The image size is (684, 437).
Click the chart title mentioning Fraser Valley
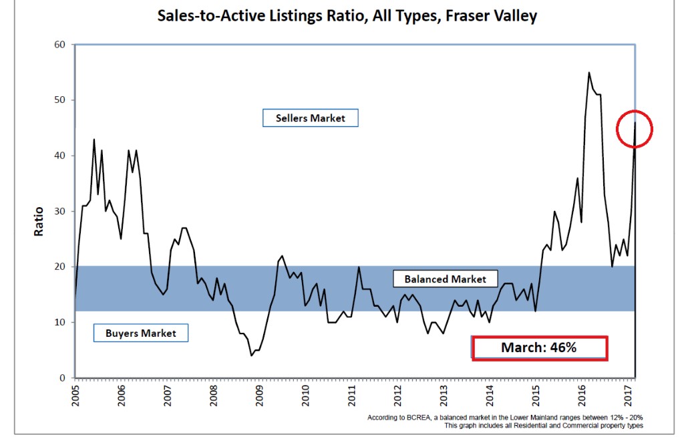pos(347,15)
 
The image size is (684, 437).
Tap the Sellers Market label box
pos(311,118)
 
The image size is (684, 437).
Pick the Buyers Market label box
pos(140,333)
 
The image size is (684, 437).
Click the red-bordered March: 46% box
pos(540,348)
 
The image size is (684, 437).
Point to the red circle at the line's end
pos(634,128)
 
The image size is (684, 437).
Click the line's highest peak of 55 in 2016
pos(588,72)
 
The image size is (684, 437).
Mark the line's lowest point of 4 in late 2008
pos(251,355)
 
